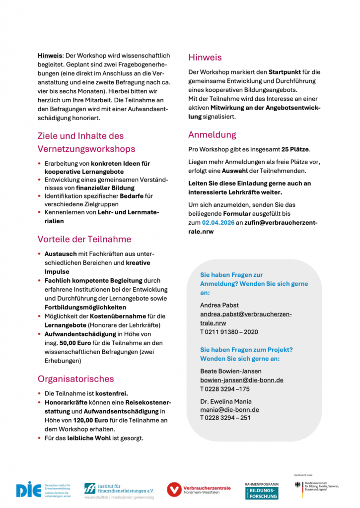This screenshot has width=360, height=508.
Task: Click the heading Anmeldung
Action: coord(212,134)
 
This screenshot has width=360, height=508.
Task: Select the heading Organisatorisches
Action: coord(75,379)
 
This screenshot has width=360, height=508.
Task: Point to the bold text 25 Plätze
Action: coord(295,149)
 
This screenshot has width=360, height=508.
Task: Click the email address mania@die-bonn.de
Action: coord(229,410)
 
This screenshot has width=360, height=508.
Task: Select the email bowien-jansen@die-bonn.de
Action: coord(241,380)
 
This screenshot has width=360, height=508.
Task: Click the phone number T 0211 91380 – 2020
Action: coord(229,332)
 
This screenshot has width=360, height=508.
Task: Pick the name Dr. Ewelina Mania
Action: coord(225,401)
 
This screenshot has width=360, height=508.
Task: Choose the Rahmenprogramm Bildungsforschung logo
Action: coord(262,490)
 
